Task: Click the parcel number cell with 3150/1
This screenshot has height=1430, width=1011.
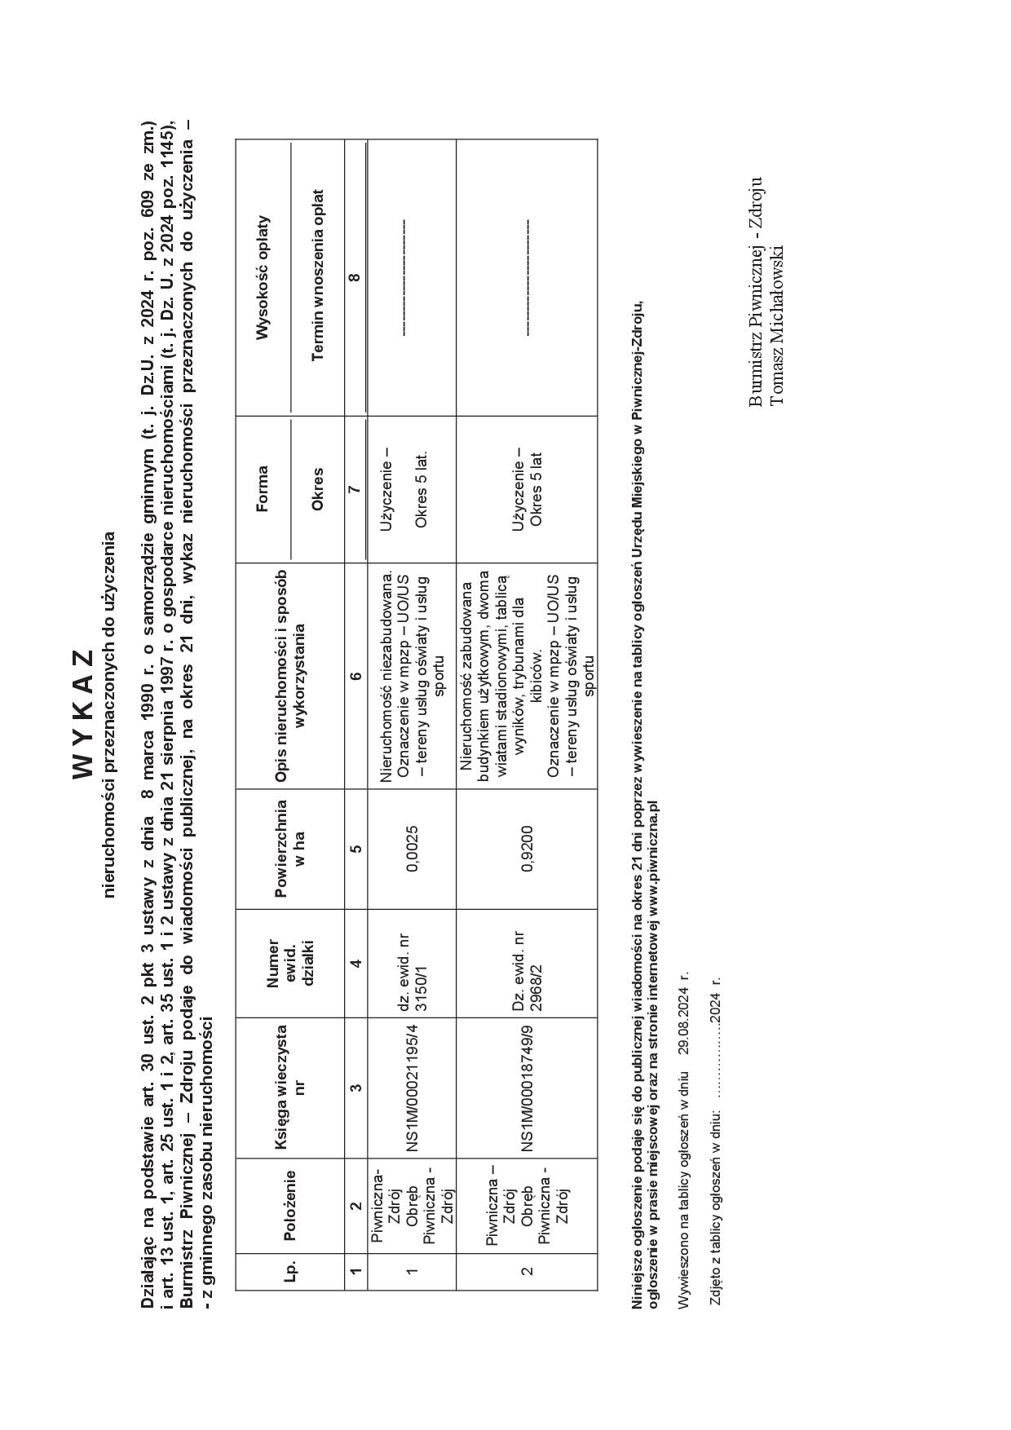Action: coord(413,964)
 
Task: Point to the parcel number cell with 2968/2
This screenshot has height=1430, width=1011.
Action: coord(527,964)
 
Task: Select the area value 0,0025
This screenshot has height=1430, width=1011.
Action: coord(413,849)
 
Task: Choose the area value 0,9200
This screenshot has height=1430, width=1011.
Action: coord(528,849)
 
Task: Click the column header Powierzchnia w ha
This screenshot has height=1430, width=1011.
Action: coord(289,849)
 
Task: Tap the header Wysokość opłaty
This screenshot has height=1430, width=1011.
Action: coord(262,277)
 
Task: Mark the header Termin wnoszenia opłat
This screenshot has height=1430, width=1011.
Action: coord(318,275)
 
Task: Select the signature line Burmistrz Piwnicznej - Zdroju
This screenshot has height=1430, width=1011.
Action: coord(756,292)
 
